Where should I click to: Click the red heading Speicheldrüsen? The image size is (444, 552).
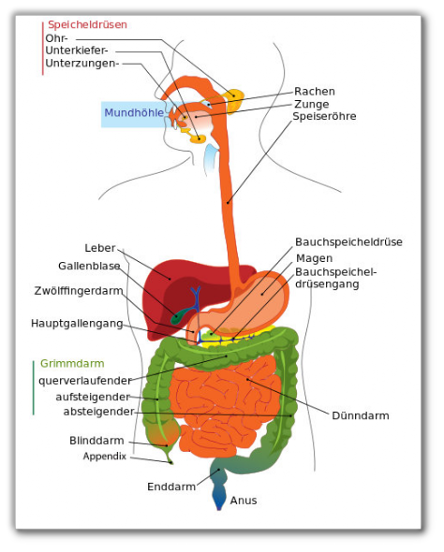pyautogui.click(x=87, y=25)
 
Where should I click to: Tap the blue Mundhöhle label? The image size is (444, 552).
pyautogui.click(x=134, y=112)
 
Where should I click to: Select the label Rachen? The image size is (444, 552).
pyautogui.click(x=315, y=92)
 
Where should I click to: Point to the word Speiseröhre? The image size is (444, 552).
pyautogui.click(x=324, y=116)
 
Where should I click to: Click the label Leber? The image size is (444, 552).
pyautogui.click(x=100, y=248)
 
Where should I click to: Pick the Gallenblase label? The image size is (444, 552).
pyautogui.click(x=89, y=266)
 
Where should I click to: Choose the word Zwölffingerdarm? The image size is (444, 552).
pyautogui.click(x=79, y=291)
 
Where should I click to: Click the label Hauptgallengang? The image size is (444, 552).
pyautogui.click(x=77, y=324)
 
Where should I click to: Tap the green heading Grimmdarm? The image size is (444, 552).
pyautogui.click(x=72, y=363)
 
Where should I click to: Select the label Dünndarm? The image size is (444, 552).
pyautogui.click(x=361, y=415)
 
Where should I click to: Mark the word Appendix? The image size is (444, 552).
pyautogui.click(x=105, y=457)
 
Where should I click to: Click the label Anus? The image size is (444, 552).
pyautogui.click(x=244, y=501)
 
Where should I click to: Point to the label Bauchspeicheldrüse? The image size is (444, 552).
pyautogui.click(x=348, y=242)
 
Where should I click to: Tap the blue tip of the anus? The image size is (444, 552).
pyautogui.click(x=219, y=506)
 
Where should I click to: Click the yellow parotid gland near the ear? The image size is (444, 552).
pyautogui.click(x=235, y=99)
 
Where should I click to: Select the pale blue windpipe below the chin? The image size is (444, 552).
pyautogui.click(x=212, y=158)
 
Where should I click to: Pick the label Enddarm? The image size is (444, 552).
pyautogui.click(x=171, y=487)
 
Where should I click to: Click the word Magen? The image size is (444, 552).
pyautogui.click(x=315, y=258)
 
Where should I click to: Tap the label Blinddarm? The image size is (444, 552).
pyautogui.click(x=96, y=441)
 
